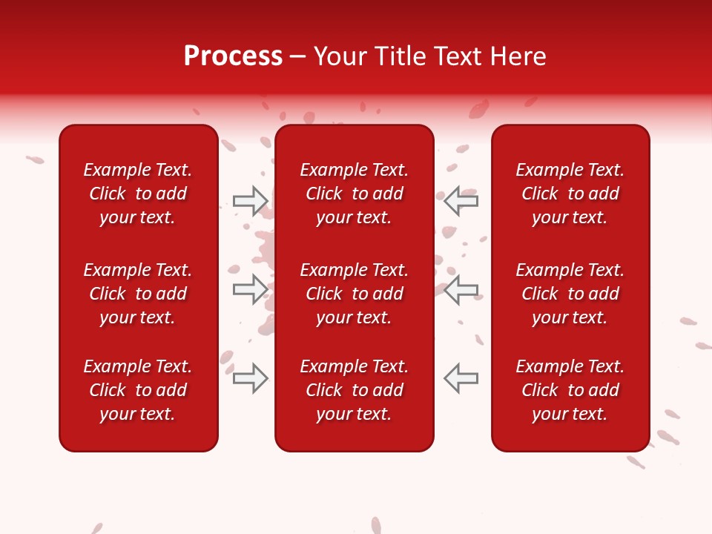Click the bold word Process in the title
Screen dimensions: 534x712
tap(233, 56)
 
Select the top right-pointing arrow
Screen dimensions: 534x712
tap(251, 201)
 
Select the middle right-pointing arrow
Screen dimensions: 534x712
tap(251, 289)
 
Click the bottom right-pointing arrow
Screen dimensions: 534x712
tap(251, 378)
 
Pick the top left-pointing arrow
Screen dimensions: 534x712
tap(461, 201)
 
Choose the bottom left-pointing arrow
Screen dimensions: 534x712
tap(461, 378)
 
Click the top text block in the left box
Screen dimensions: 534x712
tap(138, 194)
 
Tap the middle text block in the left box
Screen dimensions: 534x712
tap(138, 294)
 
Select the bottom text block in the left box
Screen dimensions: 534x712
tap(138, 390)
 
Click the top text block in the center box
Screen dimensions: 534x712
tap(355, 194)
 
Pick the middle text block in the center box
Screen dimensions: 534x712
tap(355, 294)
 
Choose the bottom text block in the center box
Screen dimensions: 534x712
tap(355, 390)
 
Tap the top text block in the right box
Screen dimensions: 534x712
tap(570, 194)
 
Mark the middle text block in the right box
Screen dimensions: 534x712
tap(570, 294)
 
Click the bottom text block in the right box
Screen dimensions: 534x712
tap(570, 390)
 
